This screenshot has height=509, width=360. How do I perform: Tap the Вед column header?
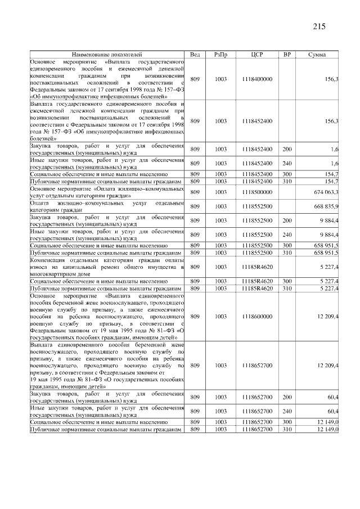(195, 54)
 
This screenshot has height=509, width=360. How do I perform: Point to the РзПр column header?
(221, 54)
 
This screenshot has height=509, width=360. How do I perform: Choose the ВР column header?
(287, 54)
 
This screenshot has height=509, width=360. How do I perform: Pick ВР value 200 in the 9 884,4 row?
(287, 220)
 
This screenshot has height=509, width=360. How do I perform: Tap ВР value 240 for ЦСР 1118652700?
(287, 411)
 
